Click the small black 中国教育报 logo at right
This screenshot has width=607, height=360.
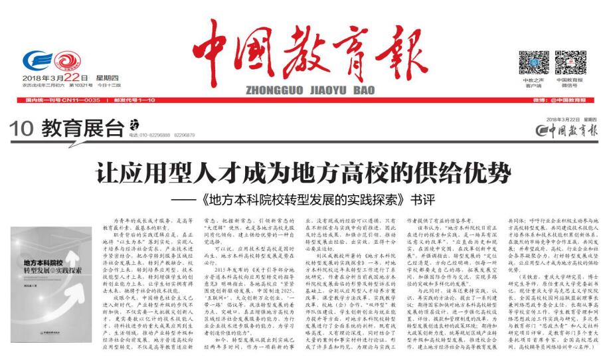point(568,130)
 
